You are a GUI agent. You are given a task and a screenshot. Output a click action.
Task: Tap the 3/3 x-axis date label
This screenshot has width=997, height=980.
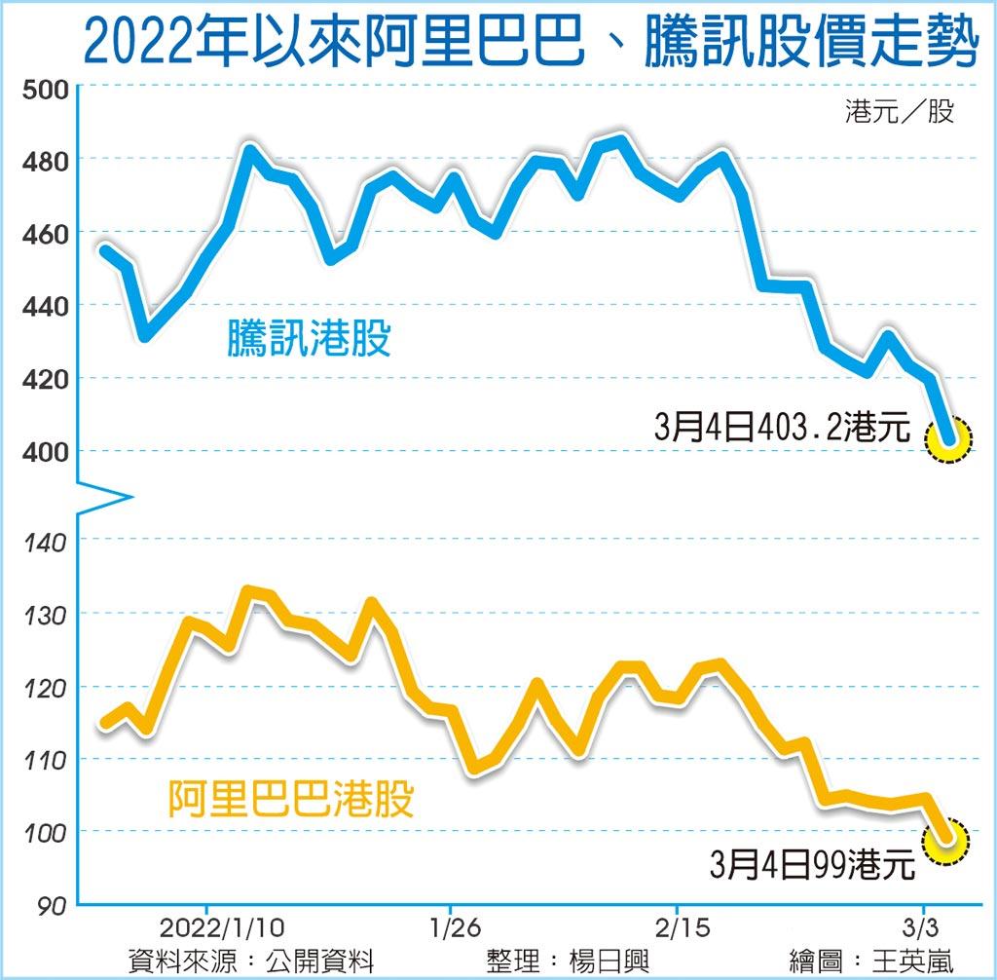[919, 923]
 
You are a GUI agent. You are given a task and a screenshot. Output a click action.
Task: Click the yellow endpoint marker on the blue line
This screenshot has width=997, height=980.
[949, 438]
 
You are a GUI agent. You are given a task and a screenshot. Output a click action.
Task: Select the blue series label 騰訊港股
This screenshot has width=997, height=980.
[309, 339]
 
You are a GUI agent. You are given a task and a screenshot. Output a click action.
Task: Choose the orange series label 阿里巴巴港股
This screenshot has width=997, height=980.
[291, 799]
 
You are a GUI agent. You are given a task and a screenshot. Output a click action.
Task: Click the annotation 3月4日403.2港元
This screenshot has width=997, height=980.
[782, 429]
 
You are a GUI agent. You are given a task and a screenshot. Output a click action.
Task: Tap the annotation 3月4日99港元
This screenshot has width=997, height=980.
[812, 863]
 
